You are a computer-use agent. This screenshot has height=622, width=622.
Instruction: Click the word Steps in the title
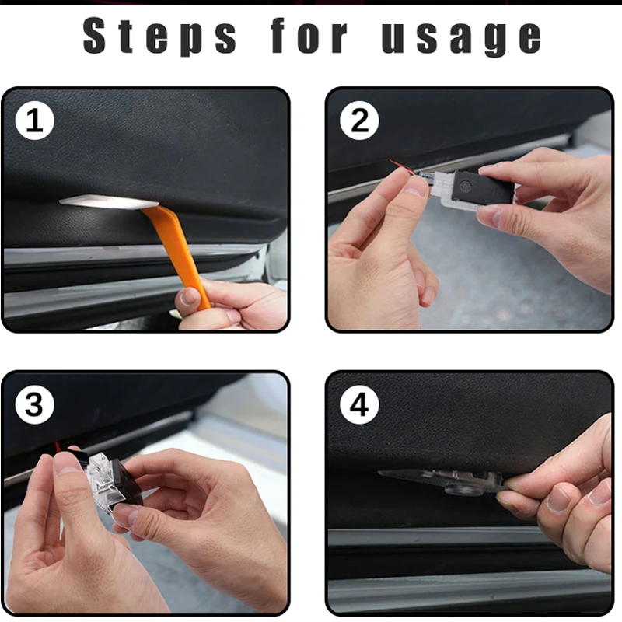click(x=159, y=37)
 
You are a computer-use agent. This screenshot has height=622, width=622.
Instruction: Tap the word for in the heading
click(x=310, y=37)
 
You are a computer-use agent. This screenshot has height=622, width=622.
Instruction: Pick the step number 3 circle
click(x=34, y=405)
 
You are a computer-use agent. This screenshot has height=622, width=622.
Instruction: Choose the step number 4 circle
click(x=360, y=405)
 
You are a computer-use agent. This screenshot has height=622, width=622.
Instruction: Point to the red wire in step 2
click(x=399, y=166)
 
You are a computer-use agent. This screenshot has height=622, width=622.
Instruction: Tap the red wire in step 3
click(x=57, y=448)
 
